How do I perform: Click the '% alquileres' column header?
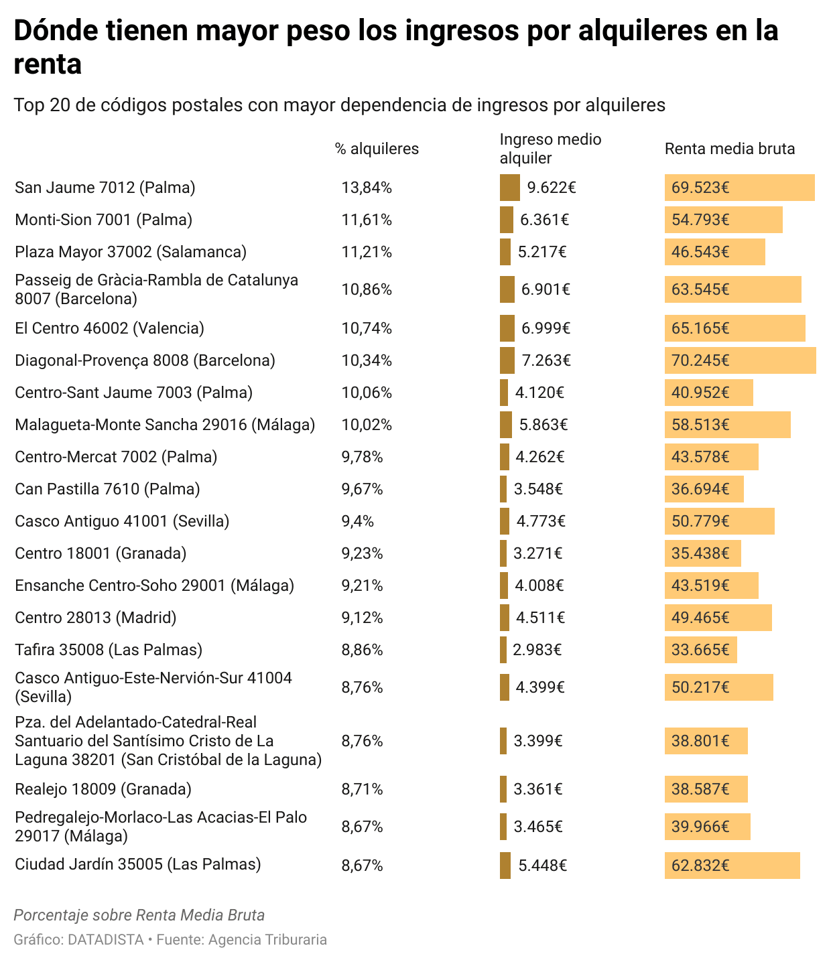tap(377, 149)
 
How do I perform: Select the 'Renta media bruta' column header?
tap(729, 149)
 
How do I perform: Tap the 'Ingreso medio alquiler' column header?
tap(550, 149)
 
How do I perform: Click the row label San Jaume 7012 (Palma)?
tap(105, 188)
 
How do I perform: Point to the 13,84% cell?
tap(367, 188)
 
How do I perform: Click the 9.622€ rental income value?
tap(551, 188)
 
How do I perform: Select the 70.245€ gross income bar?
tap(740, 360)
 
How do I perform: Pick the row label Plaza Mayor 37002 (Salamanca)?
tap(131, 252)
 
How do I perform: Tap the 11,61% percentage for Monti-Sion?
tap(367, 220)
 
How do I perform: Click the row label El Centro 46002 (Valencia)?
tap(109, 328)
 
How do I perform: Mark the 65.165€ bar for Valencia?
tap(734, 328)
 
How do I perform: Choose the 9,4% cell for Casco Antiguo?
tap(358, 521)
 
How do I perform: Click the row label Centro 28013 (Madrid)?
tap(96, 618)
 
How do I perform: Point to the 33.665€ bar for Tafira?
tap(700, 650)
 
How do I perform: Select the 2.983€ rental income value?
tap(537, 650)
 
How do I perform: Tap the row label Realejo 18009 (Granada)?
tap(103, 789)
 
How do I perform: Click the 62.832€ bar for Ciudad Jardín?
tap(732, 866)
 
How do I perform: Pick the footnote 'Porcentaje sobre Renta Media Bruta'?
tap(139, 915)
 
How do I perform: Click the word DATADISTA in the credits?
tap(106, 940)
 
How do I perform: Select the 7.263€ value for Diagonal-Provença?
tap(546, 360)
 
